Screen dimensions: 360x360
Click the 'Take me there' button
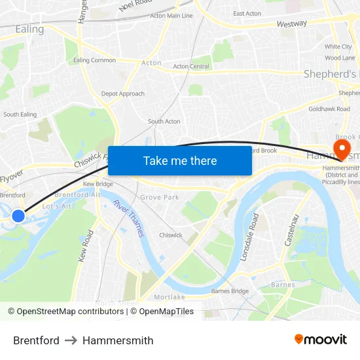180,160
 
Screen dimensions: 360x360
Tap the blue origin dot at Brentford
18,215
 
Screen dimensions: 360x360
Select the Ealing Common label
94,60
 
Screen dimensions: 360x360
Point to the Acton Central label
191,66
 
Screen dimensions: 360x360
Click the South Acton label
164,121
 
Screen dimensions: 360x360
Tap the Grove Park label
160,197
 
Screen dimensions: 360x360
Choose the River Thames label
128,218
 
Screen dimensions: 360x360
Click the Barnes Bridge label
230,291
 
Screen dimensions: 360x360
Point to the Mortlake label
170,297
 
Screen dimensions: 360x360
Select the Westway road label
291,24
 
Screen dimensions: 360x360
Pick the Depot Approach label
122,94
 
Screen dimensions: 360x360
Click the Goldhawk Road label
329,109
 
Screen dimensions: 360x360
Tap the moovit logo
321,340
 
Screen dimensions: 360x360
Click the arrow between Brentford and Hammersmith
71,340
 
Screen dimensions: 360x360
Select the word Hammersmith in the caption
118,340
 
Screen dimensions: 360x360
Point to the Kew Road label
86,246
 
